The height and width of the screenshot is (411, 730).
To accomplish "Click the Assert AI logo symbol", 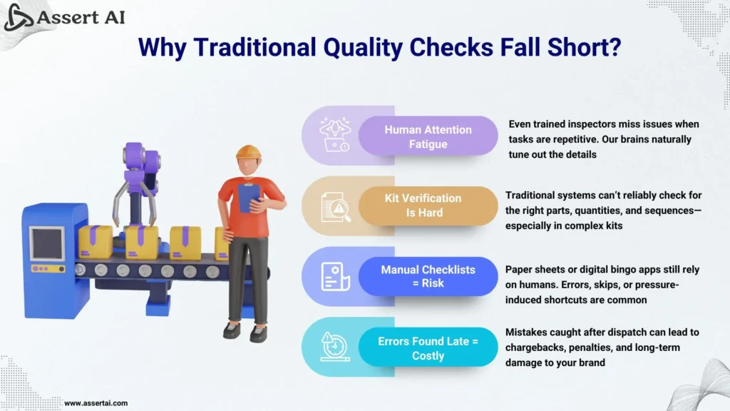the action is click(18, 17).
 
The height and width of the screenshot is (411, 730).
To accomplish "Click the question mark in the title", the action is click(615, 46).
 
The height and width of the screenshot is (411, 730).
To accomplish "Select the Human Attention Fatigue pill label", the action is click(428, 136).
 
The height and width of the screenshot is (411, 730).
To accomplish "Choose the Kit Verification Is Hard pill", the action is click(428, 205).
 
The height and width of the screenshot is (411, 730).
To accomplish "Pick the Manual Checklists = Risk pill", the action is click(428, 276).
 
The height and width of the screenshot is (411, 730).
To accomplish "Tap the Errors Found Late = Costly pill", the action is click(428, 347).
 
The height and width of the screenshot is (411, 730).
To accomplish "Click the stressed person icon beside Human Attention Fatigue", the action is click(335, 135).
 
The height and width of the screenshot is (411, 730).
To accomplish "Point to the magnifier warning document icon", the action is click(336, 207).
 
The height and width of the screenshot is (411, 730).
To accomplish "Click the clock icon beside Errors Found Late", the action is click(335, 347).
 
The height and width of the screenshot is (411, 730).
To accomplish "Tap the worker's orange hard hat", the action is click(248, 153).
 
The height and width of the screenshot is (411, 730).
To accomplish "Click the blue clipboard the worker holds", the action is click(249, 198).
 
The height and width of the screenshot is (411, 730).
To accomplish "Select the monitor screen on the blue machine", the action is click(48, 244).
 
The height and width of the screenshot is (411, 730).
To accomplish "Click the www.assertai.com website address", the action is click(96, 403).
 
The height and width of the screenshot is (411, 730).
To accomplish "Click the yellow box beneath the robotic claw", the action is click(141, 243).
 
